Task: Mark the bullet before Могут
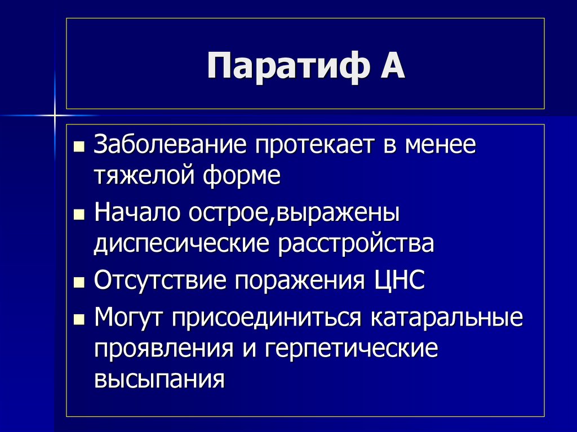pyautogui.click(x=79, y=320)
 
